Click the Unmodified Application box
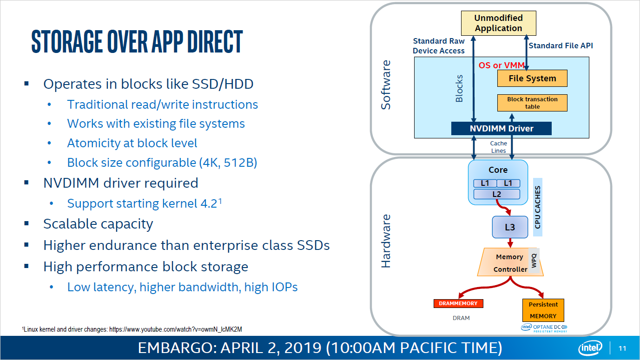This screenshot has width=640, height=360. [x=498, y=23]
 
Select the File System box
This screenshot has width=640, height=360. [x=532, y=79]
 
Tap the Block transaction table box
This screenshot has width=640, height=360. [x=532, y=103]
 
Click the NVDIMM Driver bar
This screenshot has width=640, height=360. [x=501, y=129]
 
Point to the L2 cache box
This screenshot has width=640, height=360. [x=497, y=194]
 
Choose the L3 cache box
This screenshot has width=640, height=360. [x=510, y=228]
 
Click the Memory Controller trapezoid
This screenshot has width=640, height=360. [x=509, y=263]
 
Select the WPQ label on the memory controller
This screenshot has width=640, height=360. [x=534, y=260]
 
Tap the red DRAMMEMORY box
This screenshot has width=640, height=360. [x=458, y=303]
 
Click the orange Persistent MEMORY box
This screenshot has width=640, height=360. [x=543, y=310]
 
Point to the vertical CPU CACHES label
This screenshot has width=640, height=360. [x=538, y=207]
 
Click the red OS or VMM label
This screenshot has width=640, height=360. [x=501, y=65]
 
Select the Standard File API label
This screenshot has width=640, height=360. [x=561, y=46]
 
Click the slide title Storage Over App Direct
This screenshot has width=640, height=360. [x=137, y=42]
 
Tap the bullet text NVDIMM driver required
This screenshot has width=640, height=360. [x=120, y=183]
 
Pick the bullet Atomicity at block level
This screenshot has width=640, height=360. [x=132, y=143]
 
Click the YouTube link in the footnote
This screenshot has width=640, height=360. [x=175, y=329]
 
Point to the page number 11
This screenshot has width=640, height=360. [x=623, y=348]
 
